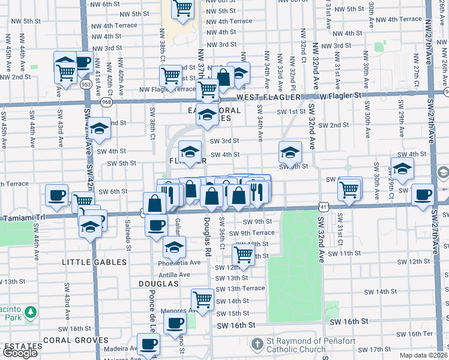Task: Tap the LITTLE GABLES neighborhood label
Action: pyautogui.click(x=95, y=262)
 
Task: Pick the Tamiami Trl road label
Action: pyautogui.click(x=18, y=217)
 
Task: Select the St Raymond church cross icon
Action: pyautogui.click(x=258, y=344)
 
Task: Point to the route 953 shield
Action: pyautogui.click(x=86, y=85)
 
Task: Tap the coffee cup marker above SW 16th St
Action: pyautogui.click(x=175, y=323)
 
